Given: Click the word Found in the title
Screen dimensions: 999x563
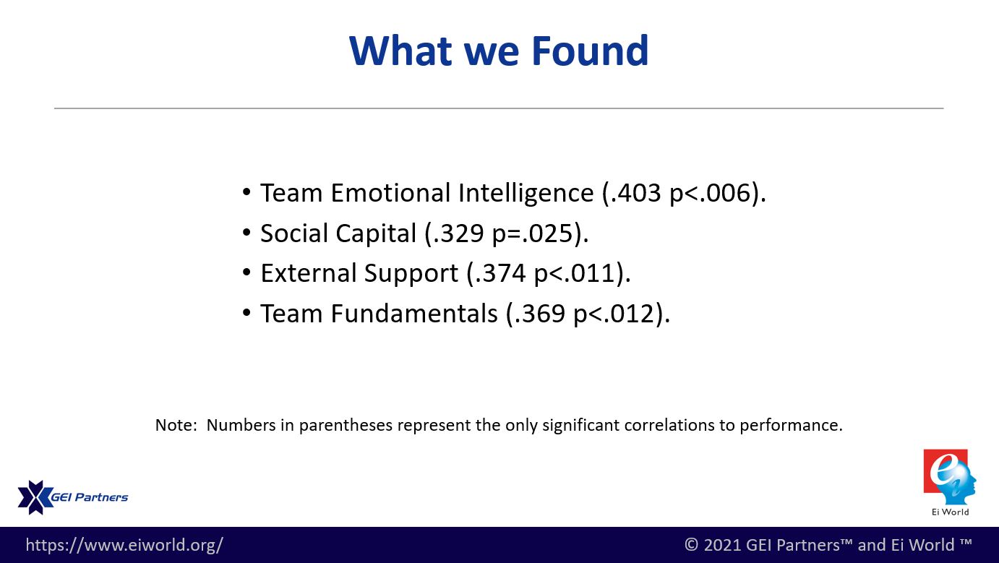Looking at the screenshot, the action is point(590,51).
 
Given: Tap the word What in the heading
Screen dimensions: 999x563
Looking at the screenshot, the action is point(401,51).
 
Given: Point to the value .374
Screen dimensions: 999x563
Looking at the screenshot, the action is point(499,273).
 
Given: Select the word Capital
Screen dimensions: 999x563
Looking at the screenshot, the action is point(375,234).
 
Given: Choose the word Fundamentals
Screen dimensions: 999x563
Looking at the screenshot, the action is point(414,314).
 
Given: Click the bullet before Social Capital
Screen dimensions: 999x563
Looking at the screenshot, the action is point(246,233).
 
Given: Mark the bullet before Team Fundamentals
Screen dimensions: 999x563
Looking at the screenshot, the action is point(246,312).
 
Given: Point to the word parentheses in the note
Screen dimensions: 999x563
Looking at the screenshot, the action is point(347,426).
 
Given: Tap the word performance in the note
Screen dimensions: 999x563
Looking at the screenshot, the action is point(791,426).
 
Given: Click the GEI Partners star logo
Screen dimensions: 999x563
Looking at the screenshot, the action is point(35,497).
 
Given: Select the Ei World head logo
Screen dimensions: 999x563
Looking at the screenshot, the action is point(950,477).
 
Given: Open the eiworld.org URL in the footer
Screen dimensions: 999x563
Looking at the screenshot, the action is point(124,546).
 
